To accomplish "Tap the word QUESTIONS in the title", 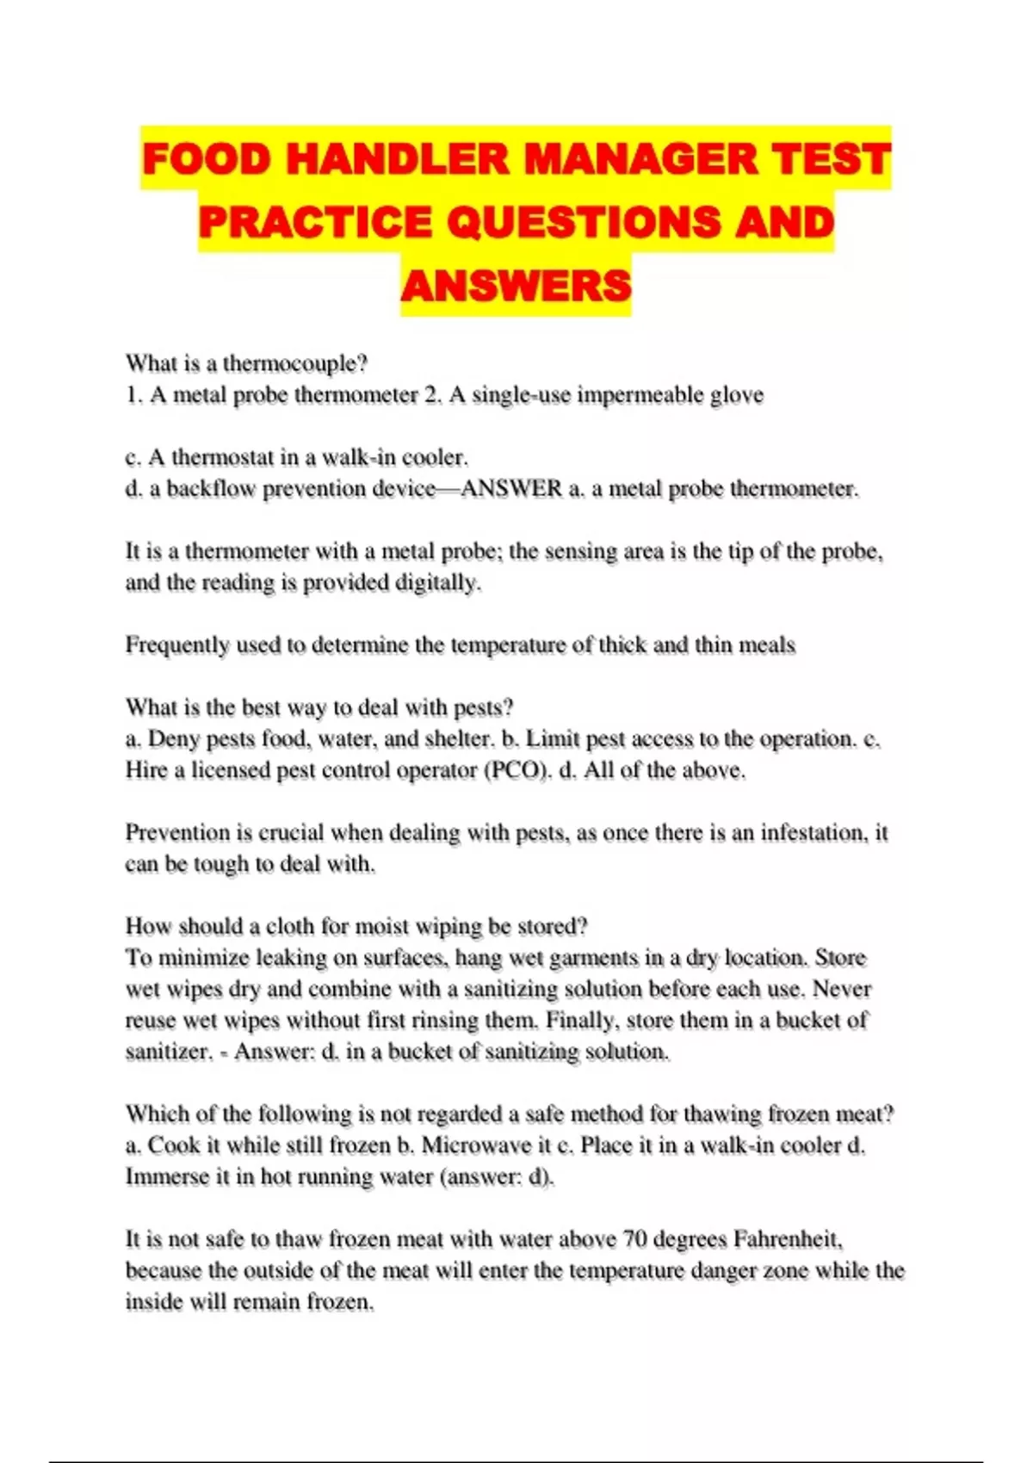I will point(583,223).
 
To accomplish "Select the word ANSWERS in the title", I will point(516,286).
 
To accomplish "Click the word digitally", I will point(437,583).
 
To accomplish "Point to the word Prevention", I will point(177,833).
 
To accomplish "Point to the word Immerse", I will point(164,1176).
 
